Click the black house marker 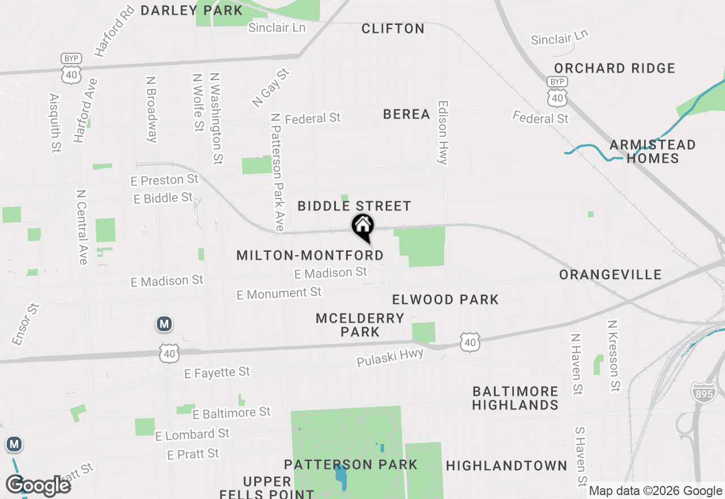[x=363, y=227]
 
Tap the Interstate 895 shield [x=703, y=392]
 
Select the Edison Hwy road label [x=443, y=133]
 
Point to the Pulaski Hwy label [x=390, y=357]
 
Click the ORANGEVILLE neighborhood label [x=610, y=275]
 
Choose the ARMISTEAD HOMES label [x=652, y=151]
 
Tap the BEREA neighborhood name [x=406, y=114]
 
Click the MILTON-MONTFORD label [x=310, y=255]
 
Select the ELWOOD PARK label [x=445, y=299]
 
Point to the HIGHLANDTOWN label [x=506, y=466]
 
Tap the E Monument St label [x=279, y=294]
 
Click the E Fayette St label [x=217, y=373]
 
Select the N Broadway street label [x=151, y=109]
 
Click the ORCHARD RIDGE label [x=614, y=69]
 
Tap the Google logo [x=38, y=485]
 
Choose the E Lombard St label [x=192, y=434]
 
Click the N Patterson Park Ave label [x=278, y=172]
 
